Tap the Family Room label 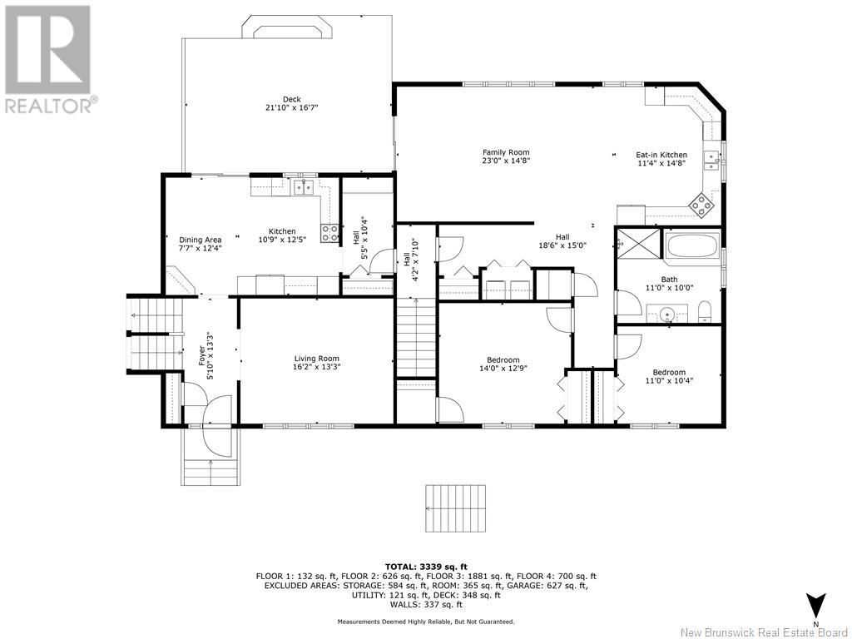506,152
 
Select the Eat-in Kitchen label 661,155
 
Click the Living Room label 317,358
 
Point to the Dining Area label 200,240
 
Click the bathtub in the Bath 693,245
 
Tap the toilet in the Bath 704,311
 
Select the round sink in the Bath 666,314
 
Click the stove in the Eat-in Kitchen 701,206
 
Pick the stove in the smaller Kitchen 329,233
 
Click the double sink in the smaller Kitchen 304,187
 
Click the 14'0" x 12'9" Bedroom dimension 503,368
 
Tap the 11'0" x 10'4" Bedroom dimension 668,380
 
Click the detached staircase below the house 455,509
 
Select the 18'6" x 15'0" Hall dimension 562,245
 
